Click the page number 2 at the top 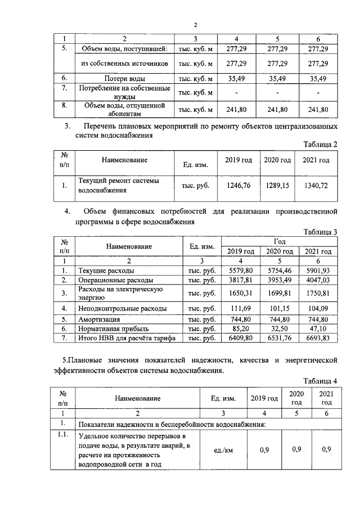(x=195, y=25)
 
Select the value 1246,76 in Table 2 (x=239, y=184)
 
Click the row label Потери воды (x=124, y=78)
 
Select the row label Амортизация (x=100, y=318)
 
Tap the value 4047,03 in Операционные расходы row (x=318, y=280)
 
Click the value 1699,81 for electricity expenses (x=280, y=293)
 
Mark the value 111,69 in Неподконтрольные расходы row (x=243, y=308)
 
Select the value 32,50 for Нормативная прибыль (x=281, y=328)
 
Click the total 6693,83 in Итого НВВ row (x=318, y=337)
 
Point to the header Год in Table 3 (x=280, y=241)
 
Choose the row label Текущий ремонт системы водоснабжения (x=119, y=185)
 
